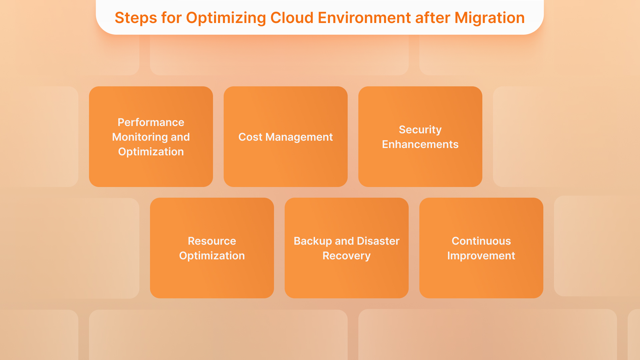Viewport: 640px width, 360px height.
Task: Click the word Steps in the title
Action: pyautogui.click(x=136, y=18)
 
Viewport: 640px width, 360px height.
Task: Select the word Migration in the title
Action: pyautogui.click(x=489, y=18)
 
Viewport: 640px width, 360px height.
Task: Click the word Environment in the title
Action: pyautogui.click(x=364, y=18)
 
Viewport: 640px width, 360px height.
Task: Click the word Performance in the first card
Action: pyautogui.click(x=151, y=122)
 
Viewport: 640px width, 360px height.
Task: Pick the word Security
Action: pyautogui.click(x=420, y=130)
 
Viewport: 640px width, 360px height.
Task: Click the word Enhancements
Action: pyautogui.click(x=420, y=144)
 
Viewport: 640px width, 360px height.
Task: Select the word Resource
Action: pyautogui.click(x=212, y=241)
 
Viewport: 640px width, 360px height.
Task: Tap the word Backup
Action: pyautogui.click(x=312, y=241)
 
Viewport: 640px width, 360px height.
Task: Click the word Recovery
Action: pyautogui.click(x=346, y=256)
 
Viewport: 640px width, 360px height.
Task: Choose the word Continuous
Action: pyautogui.click(x=481, y=241)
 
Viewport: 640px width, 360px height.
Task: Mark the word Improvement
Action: pyautogui.click(x=481, y=256)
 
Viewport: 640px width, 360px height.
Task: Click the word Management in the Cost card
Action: pyautogui.click(x=299, y=137)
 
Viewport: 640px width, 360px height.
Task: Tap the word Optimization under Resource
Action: pyautogui.click(x=212, y=256)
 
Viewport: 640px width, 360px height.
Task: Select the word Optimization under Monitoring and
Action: pyautogui.click(x=151, y=152)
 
